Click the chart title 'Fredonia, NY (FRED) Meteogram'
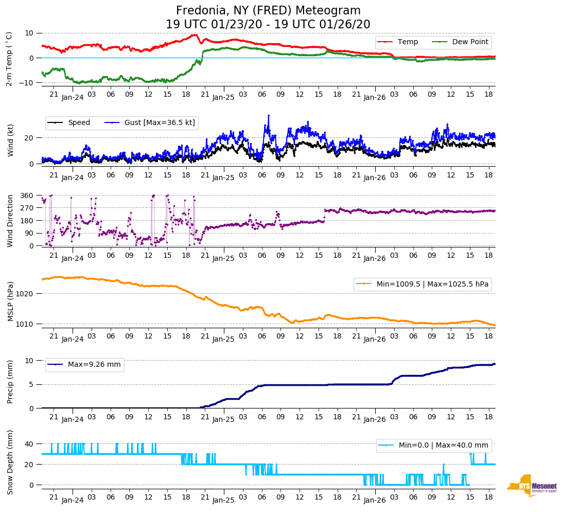tap(268, 11)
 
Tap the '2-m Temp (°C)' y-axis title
tap(9, 58)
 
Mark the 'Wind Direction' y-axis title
tap(10, 221)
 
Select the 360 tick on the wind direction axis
tap(27, 196)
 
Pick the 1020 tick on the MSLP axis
tap(25, 294)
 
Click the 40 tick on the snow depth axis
tap(29, 443)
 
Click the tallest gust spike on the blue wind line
tap(268, 116)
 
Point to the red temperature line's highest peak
tap(195, 35)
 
